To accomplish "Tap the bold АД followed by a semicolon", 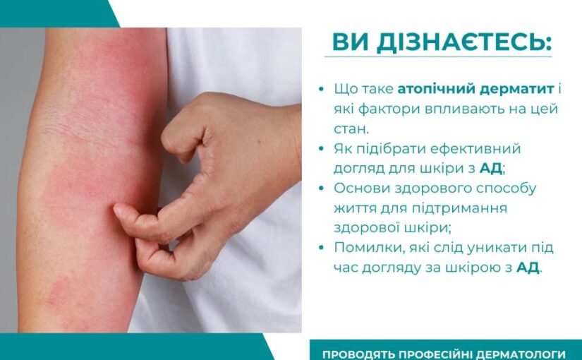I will pos(491,169).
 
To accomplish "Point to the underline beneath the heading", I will pos(437,57).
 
